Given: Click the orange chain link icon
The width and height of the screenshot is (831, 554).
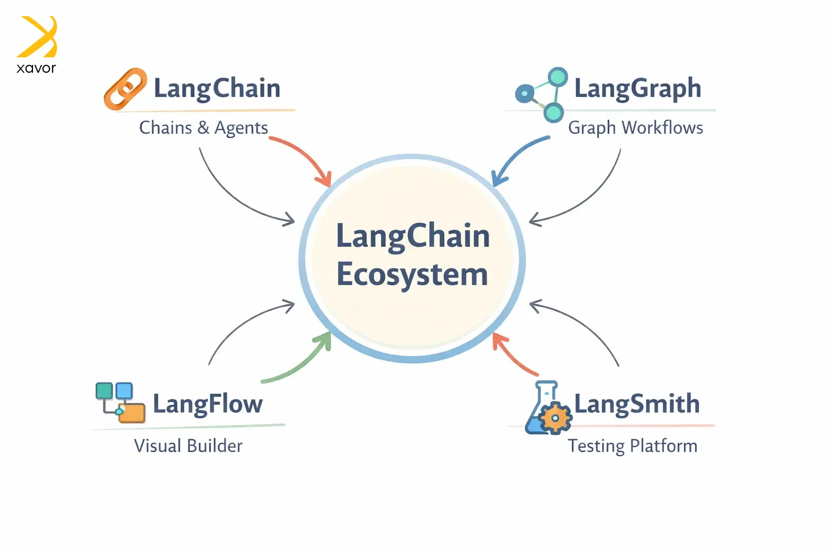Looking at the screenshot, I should coord(125,89).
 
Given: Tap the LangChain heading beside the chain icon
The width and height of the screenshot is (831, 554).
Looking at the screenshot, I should coord(217,88).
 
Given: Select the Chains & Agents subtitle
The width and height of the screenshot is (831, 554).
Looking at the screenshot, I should coord(203,128).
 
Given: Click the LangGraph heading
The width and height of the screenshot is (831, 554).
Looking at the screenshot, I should coord(637,88).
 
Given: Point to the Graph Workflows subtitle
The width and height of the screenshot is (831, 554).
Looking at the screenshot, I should coord(635,128).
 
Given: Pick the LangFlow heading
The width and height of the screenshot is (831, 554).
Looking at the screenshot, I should coord(208,404).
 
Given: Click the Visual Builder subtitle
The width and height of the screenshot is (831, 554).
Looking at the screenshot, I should coord(188,446).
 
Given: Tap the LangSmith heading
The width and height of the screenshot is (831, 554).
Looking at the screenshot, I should coord(637,404).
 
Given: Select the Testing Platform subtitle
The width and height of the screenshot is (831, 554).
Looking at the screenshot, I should coord(632,446).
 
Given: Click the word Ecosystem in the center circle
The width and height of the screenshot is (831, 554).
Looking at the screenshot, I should coord(412,274).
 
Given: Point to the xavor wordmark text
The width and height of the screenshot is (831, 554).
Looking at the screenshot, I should coord(36,68).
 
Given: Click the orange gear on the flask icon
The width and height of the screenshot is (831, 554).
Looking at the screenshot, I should coord(555,418).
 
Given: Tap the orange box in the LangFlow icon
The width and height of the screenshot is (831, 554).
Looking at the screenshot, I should coord(132,413).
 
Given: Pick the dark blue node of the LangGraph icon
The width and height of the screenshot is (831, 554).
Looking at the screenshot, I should coord(524,94).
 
